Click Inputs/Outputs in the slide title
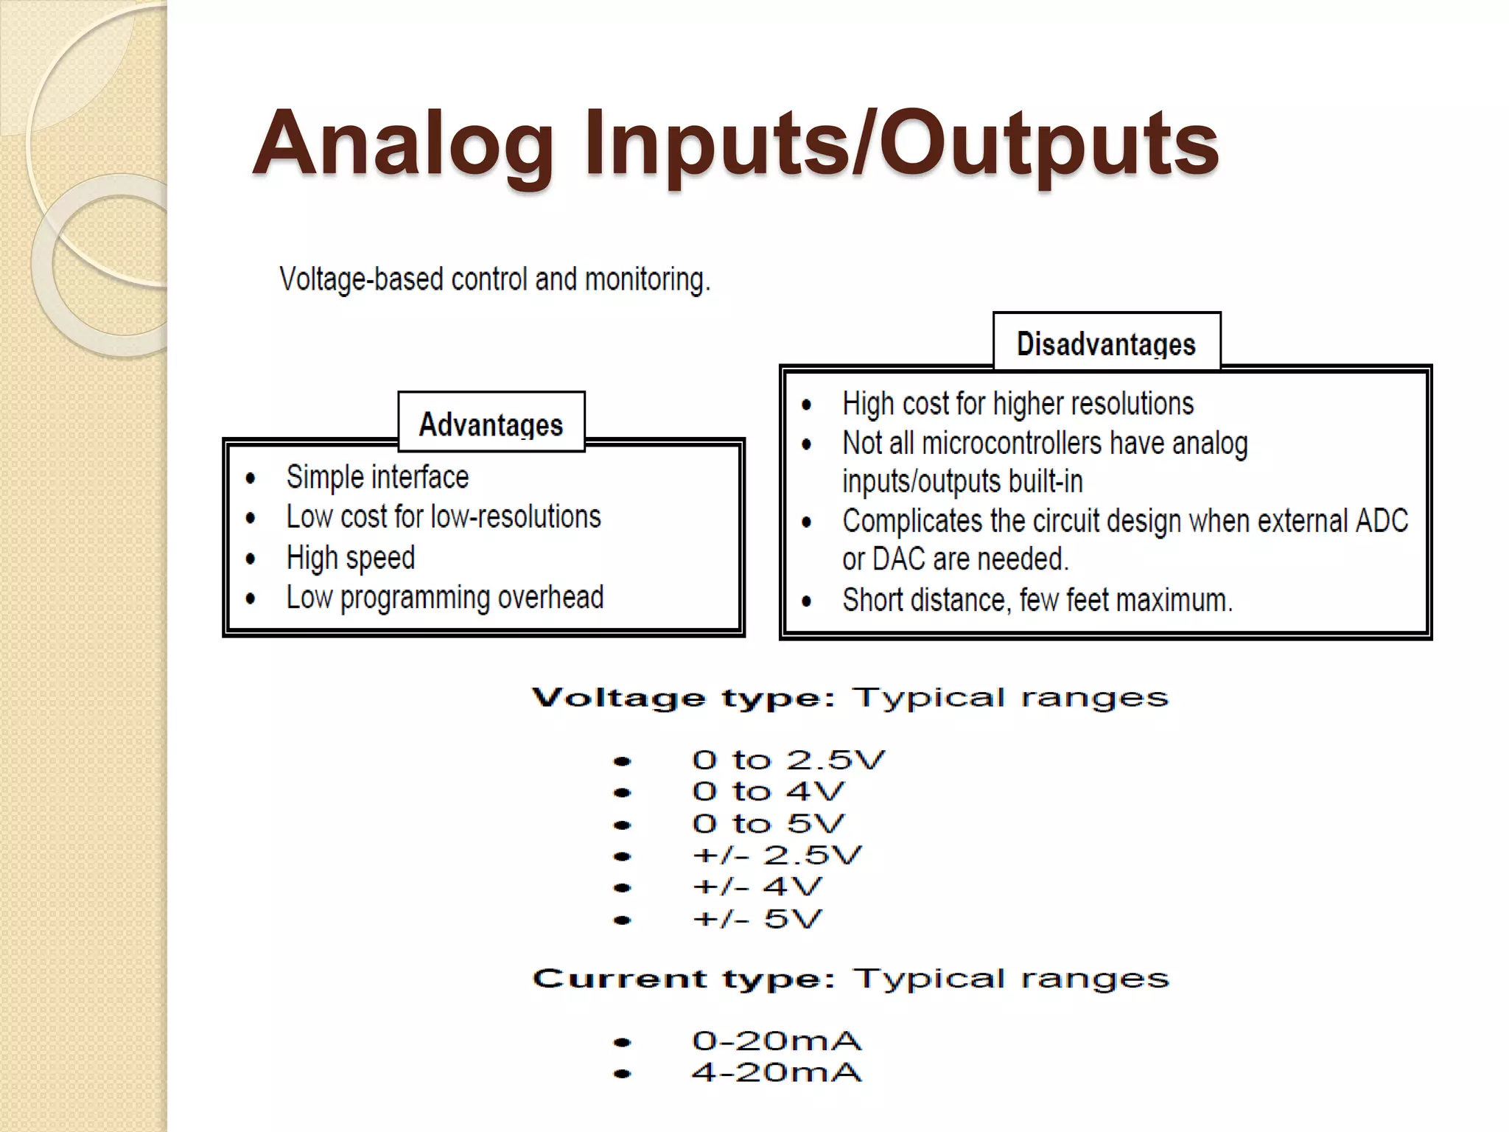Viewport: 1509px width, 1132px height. [x=901, y=144]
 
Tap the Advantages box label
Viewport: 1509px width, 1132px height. [x=491, y=424]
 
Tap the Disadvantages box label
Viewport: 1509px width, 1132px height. [x=1105, y=344]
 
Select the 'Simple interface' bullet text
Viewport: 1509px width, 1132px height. [x=377, y=478]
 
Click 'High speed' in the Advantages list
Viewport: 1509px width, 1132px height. [x=351, y=558]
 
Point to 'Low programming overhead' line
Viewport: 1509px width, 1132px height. [x=444, y=598]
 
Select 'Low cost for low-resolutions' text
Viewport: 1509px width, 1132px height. [x=443, y=517]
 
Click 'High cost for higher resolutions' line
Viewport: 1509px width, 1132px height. [x=1018, y=404]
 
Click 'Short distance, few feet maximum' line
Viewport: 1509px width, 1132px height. [x=1037, y=601]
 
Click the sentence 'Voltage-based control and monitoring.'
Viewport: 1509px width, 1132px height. [x=494, y=280]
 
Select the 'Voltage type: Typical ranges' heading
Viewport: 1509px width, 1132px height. [x=850, y=697]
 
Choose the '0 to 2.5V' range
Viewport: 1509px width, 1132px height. [x=788, y=760]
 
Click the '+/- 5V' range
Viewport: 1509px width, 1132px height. [x=757, y=919]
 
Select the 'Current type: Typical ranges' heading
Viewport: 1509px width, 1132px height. [x=850, y=979]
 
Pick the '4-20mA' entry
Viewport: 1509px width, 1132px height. [x=776, y=1073]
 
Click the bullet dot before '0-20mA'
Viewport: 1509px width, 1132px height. [x=623, y=1042]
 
